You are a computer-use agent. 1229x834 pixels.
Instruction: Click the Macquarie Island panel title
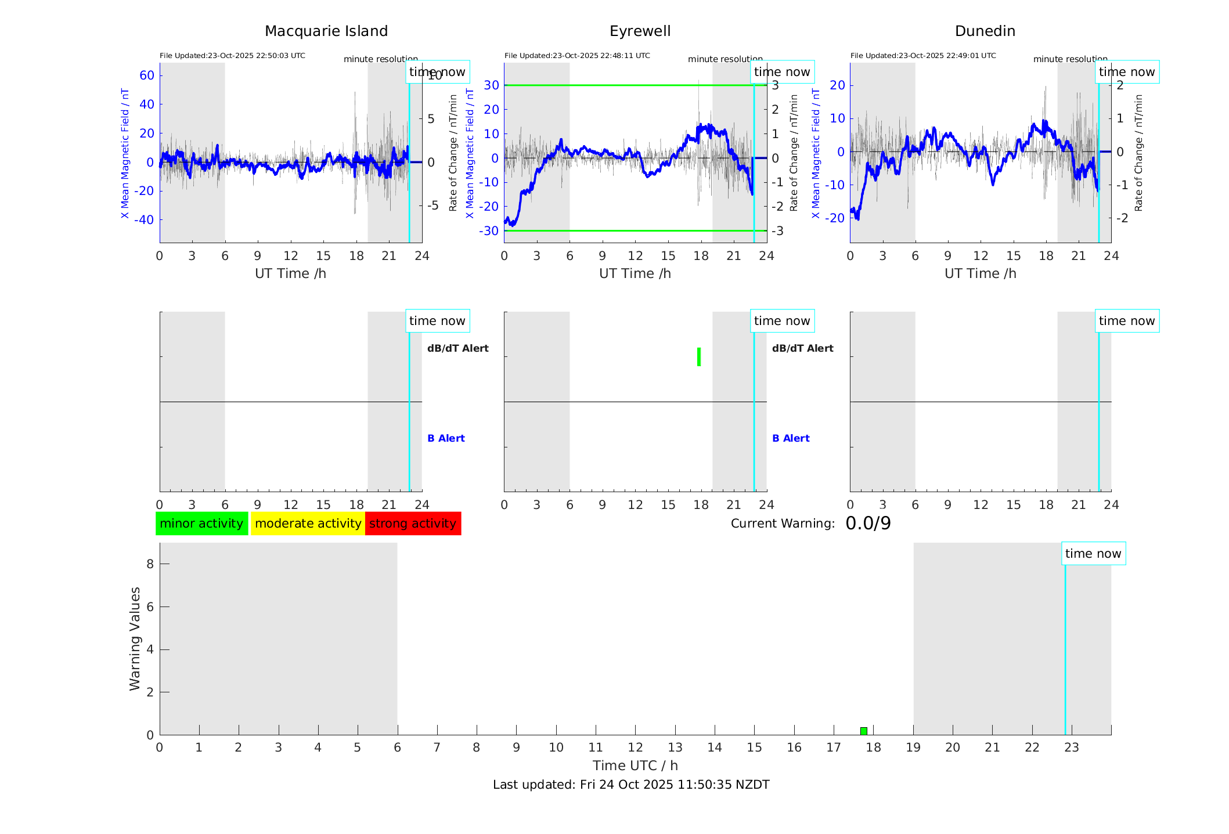(x=326, y=31)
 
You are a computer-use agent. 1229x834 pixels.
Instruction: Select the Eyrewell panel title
(x=640, y=31)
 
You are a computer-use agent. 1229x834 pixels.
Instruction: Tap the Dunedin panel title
(x=985, y=31)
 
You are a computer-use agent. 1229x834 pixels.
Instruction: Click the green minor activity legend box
(x=201, y=523)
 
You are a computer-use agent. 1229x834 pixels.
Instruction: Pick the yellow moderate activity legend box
(x=308, y=523)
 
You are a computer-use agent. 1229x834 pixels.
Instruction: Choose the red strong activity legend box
(x=413, y=523)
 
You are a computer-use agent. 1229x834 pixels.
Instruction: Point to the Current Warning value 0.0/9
(x=868, y=523)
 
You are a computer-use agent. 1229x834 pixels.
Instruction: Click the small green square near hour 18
(x=864, y=731)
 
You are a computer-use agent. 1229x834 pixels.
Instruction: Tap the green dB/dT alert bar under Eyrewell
(x=699, y=357)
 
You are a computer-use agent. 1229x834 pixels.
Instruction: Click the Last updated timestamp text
(x=631, y=785)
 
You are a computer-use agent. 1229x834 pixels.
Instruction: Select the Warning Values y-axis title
(x=135, y=638)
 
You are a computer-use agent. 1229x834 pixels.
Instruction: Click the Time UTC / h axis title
(x=635, y=766)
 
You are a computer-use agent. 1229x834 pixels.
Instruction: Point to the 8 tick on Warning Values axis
(x=150, y=564)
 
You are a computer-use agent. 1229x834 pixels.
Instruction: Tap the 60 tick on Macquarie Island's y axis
(x=147, y=75)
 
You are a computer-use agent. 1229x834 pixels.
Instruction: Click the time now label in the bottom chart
(x=1093, y=554)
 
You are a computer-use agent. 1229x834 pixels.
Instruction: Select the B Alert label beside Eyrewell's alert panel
(x=791, y=438)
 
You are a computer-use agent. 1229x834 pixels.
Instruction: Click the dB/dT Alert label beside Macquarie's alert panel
(x=458, y=348)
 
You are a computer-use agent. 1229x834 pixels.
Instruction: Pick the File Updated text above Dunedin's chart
(x=923, y=56)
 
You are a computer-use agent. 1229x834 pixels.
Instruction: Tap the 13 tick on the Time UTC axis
(x=675, y=748)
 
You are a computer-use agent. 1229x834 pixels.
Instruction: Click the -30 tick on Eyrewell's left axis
(x=489, y=231)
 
